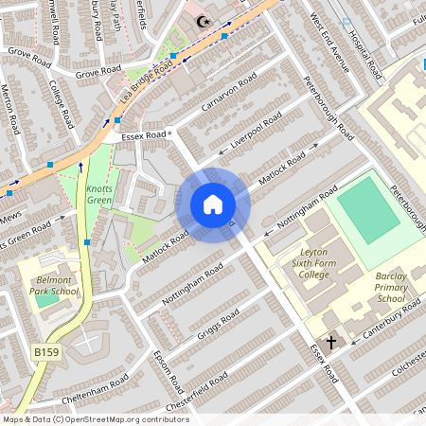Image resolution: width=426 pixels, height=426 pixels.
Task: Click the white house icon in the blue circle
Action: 212,204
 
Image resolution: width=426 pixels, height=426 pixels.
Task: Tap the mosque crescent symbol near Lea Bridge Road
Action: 200,21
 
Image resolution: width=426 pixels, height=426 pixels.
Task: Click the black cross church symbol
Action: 331,341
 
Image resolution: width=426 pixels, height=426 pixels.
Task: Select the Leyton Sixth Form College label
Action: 314,266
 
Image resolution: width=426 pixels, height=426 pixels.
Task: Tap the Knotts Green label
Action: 98,195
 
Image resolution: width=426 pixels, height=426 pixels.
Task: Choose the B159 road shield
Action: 45,352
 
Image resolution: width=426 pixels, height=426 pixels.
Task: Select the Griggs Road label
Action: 217,325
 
